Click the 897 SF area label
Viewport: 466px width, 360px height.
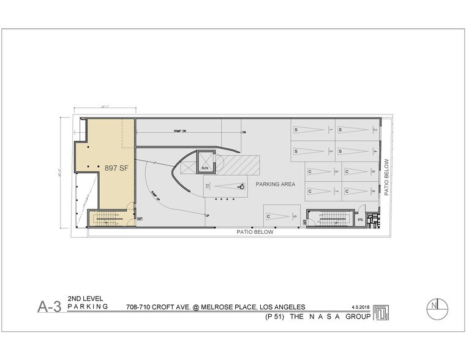[x=115, y=168]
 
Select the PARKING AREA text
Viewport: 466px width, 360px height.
[x=276, y=184]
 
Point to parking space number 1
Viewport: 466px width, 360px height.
[x=331, y=129]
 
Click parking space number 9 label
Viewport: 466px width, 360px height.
[x=295, y=216]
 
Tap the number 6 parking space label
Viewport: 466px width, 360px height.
[x=374, y=171]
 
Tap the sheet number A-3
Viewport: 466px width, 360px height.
[x=49, y=307]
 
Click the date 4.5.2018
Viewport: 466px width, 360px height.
[x=361, y=306]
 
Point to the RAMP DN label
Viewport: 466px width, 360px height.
[x=181, y=131]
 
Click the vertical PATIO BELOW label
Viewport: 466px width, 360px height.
[x=387, y=177]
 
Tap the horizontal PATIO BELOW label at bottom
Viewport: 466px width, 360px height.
[x=255, y=233]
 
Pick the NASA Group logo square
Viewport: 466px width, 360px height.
[x=381, y=313]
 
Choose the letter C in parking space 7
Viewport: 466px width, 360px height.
[x=310, y=191]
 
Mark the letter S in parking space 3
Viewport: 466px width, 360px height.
[x=296, y=151]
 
